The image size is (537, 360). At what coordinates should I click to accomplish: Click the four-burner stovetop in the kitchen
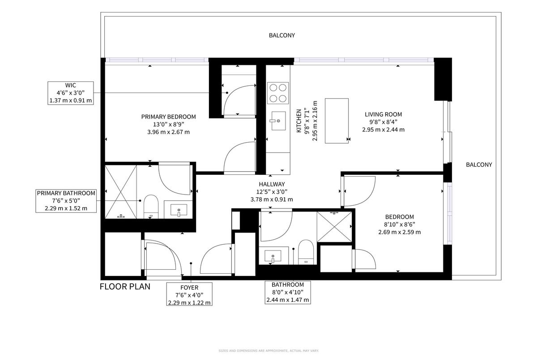pos(278,93)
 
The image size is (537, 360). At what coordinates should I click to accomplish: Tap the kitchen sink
pos(278,121)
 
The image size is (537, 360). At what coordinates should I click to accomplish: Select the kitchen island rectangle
pos(337,121)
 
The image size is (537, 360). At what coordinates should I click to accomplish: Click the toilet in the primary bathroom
pos(151,207)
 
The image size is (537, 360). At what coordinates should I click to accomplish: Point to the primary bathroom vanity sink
pos(179,210)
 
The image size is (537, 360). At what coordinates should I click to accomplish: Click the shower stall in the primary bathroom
pos(121,191)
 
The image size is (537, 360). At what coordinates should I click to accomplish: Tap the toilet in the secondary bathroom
pos(306,252)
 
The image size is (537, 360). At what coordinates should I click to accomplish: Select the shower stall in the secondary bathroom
pos(334,227)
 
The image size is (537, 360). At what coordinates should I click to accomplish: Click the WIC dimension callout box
pos(71,93)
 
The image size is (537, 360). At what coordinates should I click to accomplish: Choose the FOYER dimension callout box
pos(189,294)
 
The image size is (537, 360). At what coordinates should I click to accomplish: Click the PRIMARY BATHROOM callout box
pos(66,201)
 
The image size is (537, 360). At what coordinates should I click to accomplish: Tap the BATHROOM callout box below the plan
pos(288,292)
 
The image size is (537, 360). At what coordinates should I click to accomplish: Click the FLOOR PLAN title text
pos(125,287)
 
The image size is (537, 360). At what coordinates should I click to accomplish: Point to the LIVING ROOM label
pos(384,114)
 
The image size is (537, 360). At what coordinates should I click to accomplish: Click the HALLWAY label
pos(272,184)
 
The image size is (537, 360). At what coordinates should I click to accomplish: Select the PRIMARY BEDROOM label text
pos(169,117)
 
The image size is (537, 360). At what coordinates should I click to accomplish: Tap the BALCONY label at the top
pos(282,35)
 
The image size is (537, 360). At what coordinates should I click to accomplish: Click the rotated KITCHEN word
pos(299,121)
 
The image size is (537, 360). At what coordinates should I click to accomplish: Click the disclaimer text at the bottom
pos(268,351)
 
